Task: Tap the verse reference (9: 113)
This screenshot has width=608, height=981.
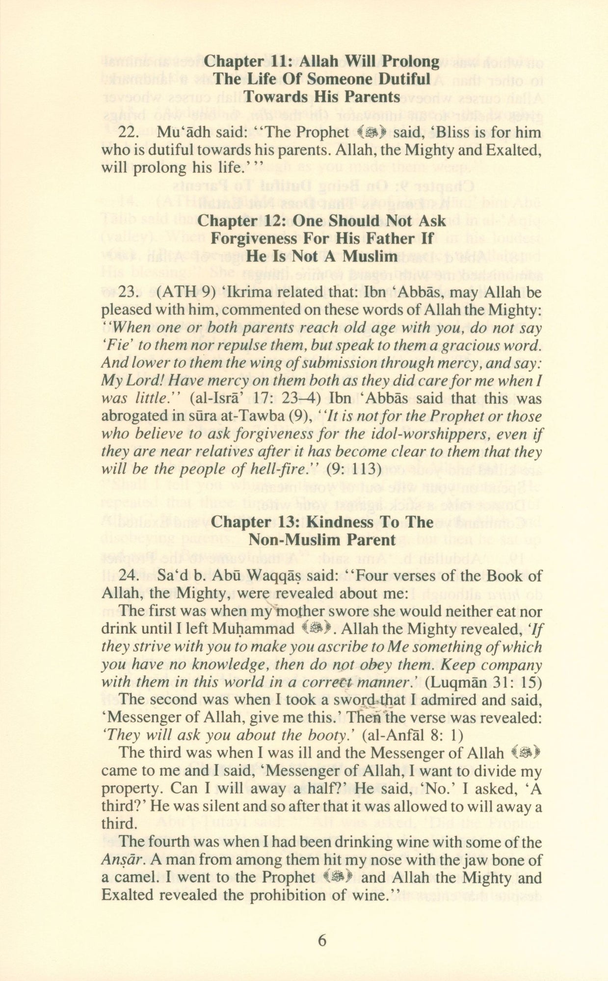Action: click(x=353, y=469)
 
